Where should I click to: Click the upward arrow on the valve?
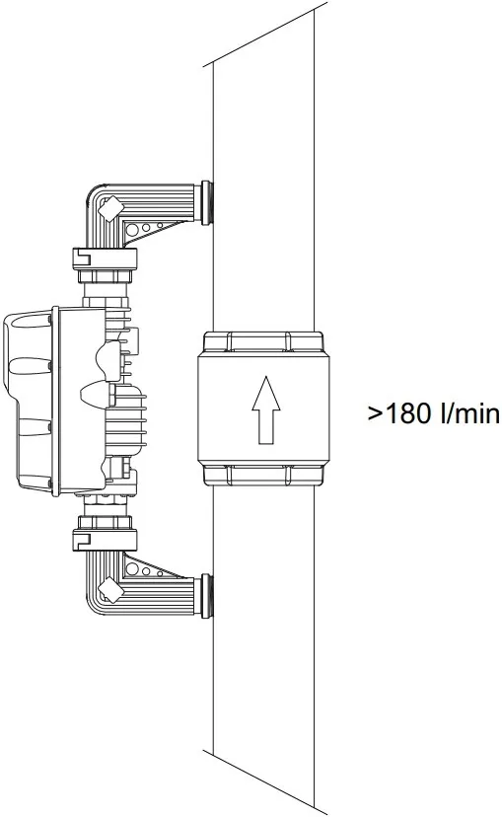click(265, 410)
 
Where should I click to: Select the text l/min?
click(469, 414)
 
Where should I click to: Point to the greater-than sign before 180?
click(376, 415)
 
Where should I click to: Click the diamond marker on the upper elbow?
click(110, 209)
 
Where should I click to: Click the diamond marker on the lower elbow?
click(111, 589)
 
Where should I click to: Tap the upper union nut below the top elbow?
click(105, 258)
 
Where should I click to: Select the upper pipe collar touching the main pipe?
click(206, 202)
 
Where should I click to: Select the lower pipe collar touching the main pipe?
click(206, 597)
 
